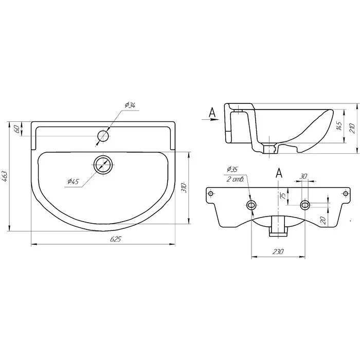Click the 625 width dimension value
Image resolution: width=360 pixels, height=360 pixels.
[x=115, y=239]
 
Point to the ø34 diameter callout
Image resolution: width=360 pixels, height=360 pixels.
[x=130, y=105]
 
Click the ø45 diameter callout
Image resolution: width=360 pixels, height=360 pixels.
[x=73, y=182]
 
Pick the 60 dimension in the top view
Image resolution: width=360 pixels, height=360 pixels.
[x=17, y=129]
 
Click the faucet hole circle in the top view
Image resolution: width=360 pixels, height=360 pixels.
[x=103, y=136]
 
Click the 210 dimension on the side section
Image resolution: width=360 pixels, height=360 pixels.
[x=352, y=128]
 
